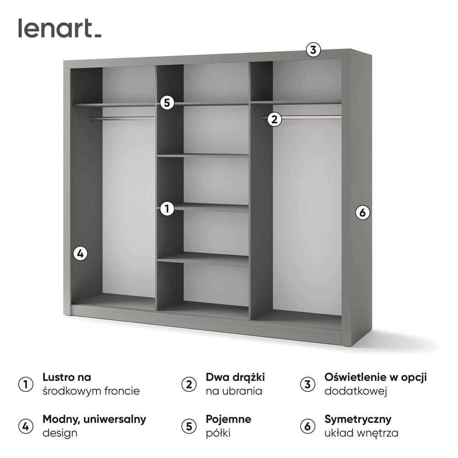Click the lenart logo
click(60, 28)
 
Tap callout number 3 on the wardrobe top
click(313, 50)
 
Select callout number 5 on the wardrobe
click(167, 103)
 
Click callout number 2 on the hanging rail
click(274, 119)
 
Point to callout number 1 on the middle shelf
click(167, 208)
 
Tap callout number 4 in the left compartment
click(80, 254)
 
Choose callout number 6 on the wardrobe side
click(362, 213)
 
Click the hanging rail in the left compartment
click(121, 118)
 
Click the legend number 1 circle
click(26, 384)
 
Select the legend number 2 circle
click(189, 384)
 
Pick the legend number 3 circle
click(308, 384)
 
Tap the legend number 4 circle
click(26, 426)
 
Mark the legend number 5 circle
click(189, 426)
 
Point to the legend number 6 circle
click(308, 426)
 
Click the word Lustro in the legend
click(58, 377)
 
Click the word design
click(60, 433)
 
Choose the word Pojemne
click(229, 420)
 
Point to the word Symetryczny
click(358, 420)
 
